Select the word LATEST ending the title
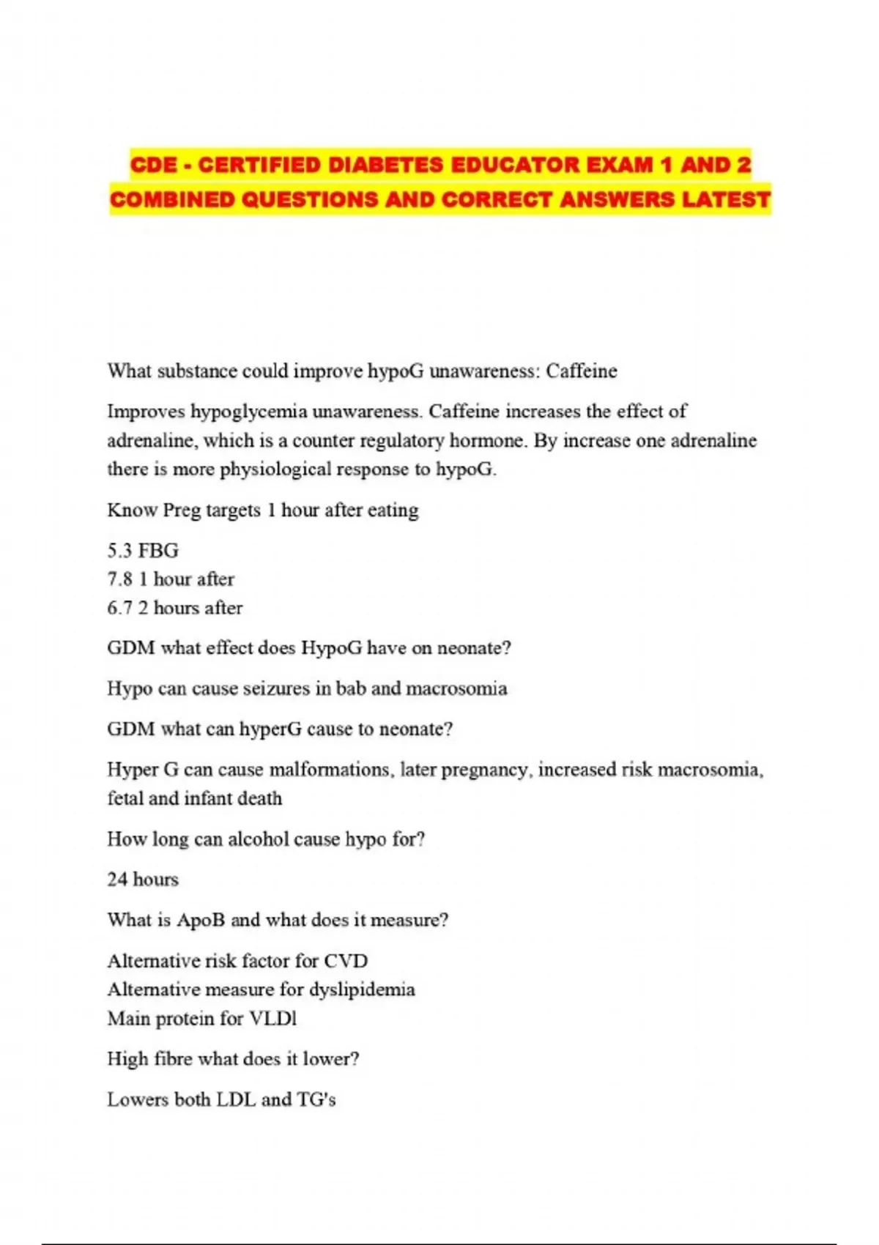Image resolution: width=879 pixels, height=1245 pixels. coord(726,200)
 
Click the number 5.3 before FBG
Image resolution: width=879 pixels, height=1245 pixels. coord(119,551)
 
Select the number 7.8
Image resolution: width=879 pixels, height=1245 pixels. coord(119,579)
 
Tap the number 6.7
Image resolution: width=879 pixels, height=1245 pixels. coord(119,608)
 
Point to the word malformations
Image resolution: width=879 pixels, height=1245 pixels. coord(330,770)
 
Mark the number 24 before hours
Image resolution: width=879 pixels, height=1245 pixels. coord(117,880)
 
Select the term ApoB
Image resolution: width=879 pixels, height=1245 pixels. coord(201,920)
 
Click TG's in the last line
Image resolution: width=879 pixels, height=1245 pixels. coord(316,1100)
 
